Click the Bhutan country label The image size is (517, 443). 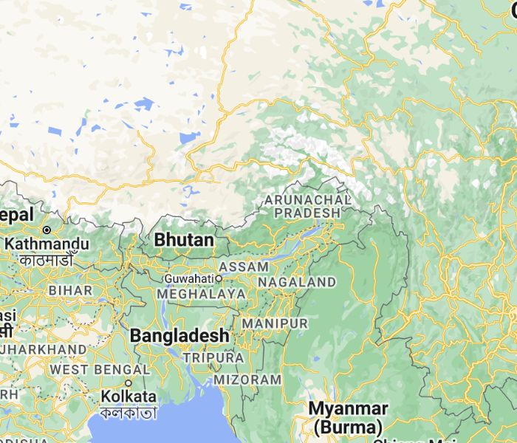pyautogui.click(x=184, y=241)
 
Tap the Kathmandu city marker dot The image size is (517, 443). pyautogui.click(x=47, y=230)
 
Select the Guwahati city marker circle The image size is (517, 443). pyautogui.click(x=219, y=278)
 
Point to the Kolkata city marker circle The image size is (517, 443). pyautogui.click(x=128, y=383)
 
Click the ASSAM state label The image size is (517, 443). pyautogui.click(x=243, y=266)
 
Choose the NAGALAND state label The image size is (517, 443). pyautogui.click(x=297, y=282)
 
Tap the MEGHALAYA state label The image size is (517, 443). pyautogui.click(x=201, y=294)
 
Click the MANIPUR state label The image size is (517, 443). pyautogui.click(x=274, y=324)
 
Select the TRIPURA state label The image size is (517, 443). pyautogui.click(x=213, y=357)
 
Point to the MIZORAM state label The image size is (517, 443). pyautogui.click(x=247, y=380)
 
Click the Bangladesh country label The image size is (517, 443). pyautogui.click(x=179, y=336)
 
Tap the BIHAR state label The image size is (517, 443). pyautogui.click(x=70, y=290)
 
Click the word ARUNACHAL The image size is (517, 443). pyautogui.click(x=307, y=200)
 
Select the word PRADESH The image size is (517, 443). pyautogui.click(x=307, y=213)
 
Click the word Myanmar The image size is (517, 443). pyautogui.click(x=348, y=408)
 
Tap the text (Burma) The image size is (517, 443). pyautogui.click(x=348, y=426)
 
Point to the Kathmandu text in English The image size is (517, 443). pyautogui.click(x=47, y=244)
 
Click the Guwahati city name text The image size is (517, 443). pyautogui.click(x=189, y=278)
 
